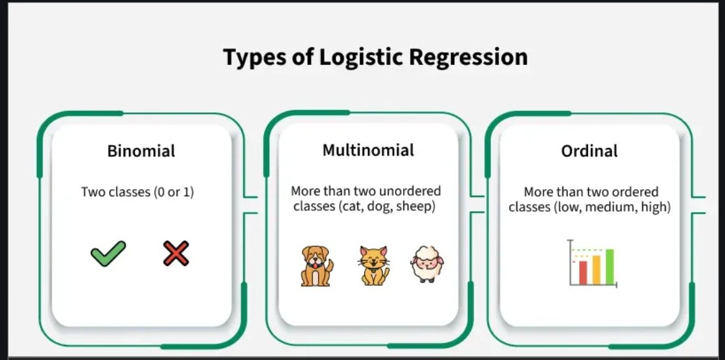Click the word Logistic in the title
coord(361,57)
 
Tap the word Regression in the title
coord(468,57)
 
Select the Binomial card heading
coord(141,151)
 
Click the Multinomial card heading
coord(368,150)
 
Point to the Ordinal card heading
coord(590,151)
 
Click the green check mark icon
coord(108,254)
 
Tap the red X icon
coord(176,254)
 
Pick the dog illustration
coord(317,265)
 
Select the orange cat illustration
coord(373,265)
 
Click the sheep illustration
coord(424,264)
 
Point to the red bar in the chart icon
coord(582,272)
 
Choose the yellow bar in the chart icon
coord(596,269)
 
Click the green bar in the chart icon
coord(609,266)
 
